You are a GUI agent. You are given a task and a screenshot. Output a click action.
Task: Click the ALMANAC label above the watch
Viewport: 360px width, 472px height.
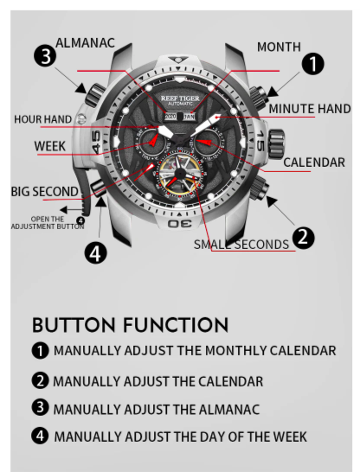(86, 43)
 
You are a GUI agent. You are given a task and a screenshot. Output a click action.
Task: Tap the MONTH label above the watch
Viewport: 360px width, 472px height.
(279, 48)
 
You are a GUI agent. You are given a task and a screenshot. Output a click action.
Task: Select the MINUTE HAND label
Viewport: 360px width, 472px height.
(310, 109)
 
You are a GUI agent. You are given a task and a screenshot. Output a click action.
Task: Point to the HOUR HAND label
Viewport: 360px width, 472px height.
(42, 119)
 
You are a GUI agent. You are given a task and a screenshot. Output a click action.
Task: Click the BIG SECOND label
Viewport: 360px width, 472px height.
(45, 192)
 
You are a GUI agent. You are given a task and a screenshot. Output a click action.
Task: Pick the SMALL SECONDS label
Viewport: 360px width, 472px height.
(241, 245)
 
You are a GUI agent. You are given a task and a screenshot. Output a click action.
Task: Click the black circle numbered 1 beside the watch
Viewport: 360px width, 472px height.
(313, 64)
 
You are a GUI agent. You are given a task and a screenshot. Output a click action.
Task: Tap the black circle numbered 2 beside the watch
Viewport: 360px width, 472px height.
(304, 238)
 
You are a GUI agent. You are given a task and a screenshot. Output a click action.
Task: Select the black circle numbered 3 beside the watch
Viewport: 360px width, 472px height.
(45, 56)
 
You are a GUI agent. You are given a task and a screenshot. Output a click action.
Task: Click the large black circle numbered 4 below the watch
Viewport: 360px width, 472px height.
(95, 252)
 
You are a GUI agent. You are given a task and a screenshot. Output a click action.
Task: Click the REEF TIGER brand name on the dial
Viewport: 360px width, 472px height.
(180, 99)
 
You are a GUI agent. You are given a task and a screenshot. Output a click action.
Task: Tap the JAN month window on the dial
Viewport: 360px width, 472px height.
(190, 117)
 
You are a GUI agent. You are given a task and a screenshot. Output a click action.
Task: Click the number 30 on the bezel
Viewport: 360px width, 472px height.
(179, 223)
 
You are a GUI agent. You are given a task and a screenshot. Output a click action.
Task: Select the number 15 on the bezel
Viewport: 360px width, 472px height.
(260, 141)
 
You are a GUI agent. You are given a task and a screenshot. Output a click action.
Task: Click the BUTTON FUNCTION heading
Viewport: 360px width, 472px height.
(130, 325)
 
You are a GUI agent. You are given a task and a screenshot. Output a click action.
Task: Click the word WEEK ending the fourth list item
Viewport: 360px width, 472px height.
(290, 437)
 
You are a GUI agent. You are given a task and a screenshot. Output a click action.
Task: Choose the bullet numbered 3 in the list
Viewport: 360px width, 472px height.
(40, 407)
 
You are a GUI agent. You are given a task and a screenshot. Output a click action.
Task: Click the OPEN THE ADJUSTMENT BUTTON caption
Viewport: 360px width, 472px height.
(48, 223)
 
